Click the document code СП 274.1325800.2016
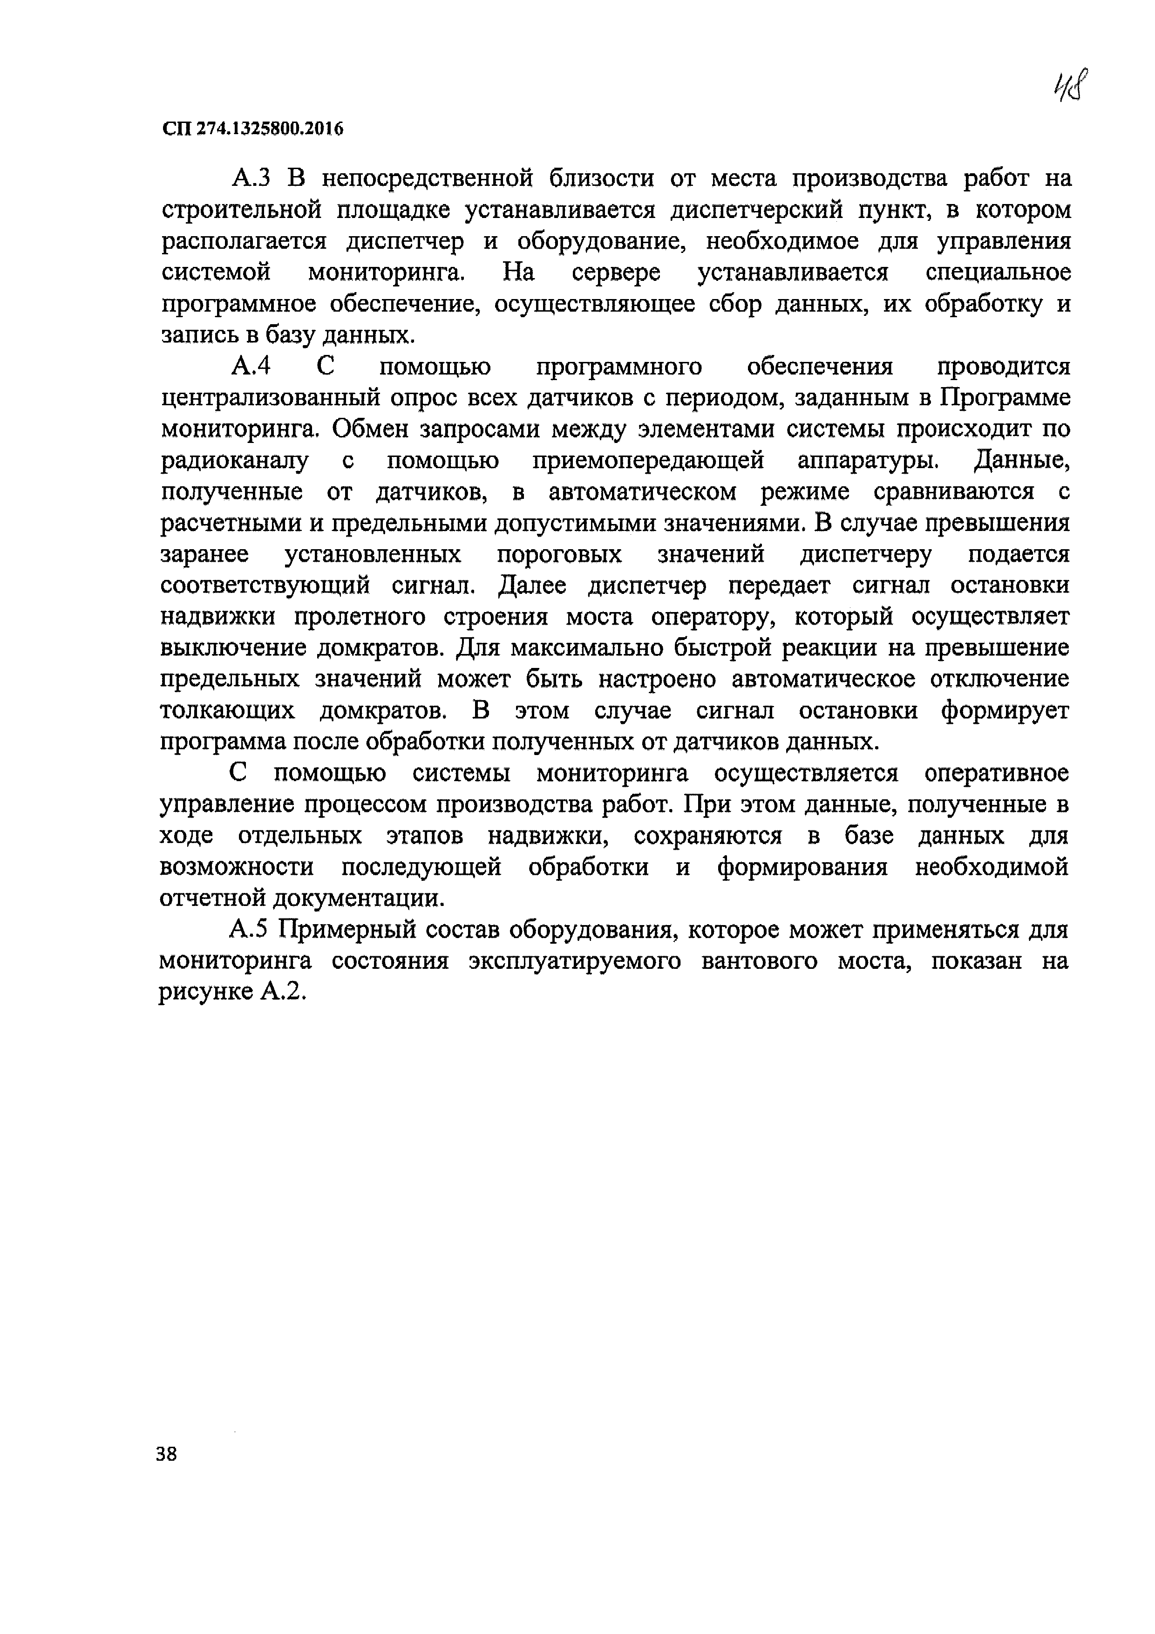point(252,129)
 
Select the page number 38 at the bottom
point(167,1453)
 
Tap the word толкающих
point(227,711)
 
